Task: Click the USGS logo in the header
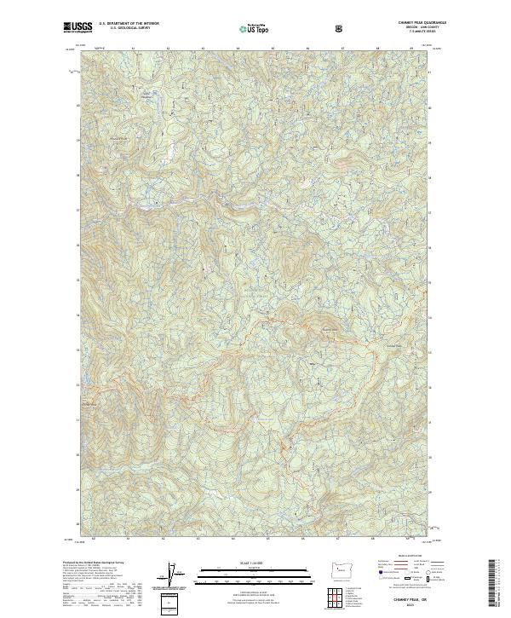click(x=77, y=28)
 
